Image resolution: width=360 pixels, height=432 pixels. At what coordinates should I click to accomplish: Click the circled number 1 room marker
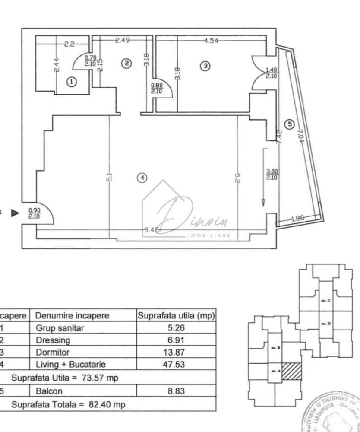pyautogui.click(x=71, y=81)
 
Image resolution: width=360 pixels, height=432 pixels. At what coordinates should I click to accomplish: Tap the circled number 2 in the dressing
pyautogui.click(x=126, y=64)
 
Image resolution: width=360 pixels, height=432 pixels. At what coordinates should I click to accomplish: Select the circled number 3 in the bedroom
pyautogui.click(x=205, y=66)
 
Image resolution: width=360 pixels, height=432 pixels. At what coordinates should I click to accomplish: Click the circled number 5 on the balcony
pyautogui.click(x=290, y=124)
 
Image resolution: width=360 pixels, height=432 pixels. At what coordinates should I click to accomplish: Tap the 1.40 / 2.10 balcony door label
pyautogui.click(x=271, y=73)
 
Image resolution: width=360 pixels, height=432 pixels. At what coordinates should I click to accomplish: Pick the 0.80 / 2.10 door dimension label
pyautogui.click(x=156, y=88)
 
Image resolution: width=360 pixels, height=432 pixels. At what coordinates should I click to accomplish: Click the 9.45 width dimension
pyautogui.click(x=152, y=230)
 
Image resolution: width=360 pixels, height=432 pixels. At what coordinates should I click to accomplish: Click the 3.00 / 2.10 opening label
pyautogui.click(x=272, y=174)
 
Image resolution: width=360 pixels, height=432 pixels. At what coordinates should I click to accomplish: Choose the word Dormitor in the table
pyautogui.click(x=52, y=352)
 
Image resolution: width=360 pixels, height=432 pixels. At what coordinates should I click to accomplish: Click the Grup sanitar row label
pyautogui.click(x=60, y=328)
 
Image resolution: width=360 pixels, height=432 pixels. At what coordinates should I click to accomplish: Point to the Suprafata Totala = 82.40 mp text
pyautogui.click(x=68, y=405)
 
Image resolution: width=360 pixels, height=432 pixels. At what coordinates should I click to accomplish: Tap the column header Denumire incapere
pyautogui.click(x=72, y=315)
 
